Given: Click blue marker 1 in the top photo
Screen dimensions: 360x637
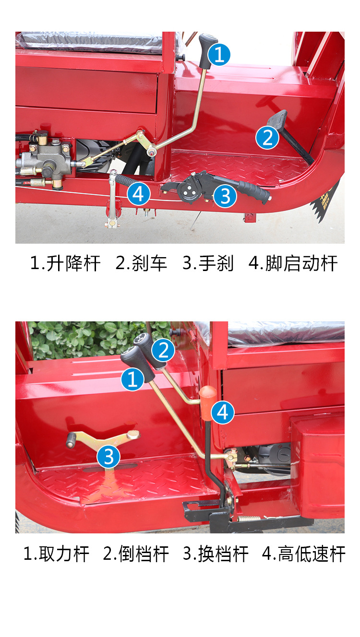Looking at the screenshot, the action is [x=219, y=54].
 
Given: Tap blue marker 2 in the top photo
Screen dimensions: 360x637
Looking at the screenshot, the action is [x=267, y=138].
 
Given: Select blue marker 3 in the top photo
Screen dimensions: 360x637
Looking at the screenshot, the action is [x=225, y=196].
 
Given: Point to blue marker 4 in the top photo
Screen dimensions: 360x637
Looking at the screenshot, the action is [x=139, y=194].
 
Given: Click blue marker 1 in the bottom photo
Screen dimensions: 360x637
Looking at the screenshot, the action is [x=132, y=379].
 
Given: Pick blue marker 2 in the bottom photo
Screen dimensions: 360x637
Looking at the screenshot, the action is [x=163, y=350].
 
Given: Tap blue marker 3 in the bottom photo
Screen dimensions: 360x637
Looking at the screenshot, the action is [x=108, y=457].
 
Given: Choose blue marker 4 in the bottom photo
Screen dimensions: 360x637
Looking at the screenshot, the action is [x=223, y=413].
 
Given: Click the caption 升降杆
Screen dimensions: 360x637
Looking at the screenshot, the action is [x=73, y=263].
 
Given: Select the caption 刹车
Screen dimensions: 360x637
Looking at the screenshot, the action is [x=149, y=263].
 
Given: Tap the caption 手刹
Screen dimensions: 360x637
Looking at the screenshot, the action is [x=216, y=263].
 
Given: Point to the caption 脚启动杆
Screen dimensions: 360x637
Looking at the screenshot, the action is [x=301, y=263].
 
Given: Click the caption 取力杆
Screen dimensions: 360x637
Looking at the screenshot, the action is [x=64, y=554].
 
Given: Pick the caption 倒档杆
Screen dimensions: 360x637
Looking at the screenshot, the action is [x=144, y=554].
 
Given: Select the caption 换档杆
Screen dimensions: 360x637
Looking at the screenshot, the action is [x=223, y=554].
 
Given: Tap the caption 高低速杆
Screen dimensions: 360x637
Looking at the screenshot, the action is [x=312, y=554].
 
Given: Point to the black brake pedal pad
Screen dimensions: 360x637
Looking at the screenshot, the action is [x=277, y=118].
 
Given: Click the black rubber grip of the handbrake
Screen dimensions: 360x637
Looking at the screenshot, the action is [x=254, y=192].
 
